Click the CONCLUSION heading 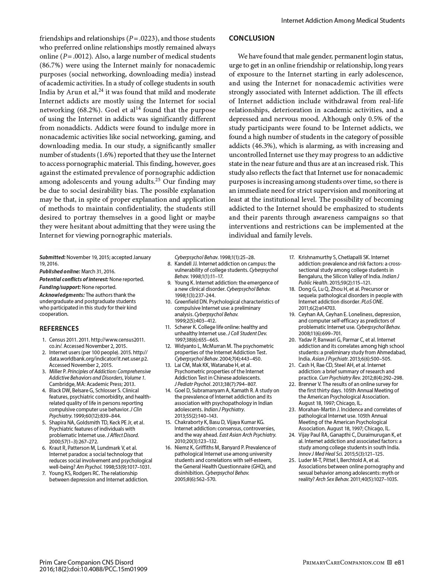252,38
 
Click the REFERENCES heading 59,329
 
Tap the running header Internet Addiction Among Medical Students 342,21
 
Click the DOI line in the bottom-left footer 93,569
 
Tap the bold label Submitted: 53,257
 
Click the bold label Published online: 60,271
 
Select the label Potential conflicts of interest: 74,279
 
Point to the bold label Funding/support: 60,287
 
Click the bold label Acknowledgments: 62,295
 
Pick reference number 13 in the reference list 168,365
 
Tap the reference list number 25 292,460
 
